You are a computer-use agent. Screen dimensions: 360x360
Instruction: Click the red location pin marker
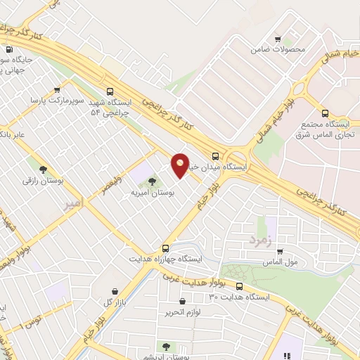181,165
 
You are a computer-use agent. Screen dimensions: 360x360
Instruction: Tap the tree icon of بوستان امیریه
152,182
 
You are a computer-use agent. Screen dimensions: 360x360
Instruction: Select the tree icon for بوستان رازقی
44,169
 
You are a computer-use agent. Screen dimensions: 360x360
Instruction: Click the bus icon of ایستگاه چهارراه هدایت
166,248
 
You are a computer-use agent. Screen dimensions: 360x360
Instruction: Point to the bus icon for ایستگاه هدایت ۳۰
240,286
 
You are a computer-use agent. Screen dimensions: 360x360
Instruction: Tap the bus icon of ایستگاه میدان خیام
215,157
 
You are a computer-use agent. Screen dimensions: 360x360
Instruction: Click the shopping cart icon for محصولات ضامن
279,39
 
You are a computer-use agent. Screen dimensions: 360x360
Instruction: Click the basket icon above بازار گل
113,290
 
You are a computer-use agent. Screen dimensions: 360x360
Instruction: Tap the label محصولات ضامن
279,50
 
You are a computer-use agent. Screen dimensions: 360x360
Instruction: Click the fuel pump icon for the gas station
9,50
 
